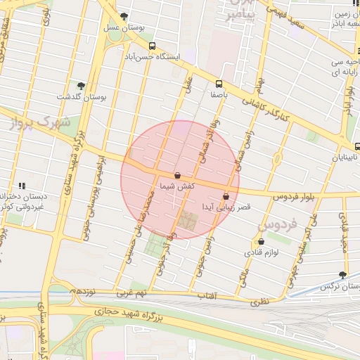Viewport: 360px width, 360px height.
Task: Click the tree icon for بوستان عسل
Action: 124,16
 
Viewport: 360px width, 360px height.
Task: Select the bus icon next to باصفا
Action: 220,83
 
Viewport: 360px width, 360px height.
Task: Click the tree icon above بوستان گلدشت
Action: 81,85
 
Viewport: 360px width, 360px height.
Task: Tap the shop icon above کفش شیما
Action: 177,175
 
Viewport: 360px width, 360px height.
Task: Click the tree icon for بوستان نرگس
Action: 343,275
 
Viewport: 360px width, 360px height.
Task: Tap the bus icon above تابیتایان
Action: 358,147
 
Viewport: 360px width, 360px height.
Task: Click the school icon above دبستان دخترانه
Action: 22,186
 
